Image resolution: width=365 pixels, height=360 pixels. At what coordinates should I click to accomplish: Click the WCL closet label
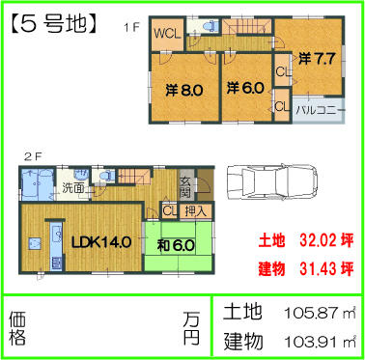168,33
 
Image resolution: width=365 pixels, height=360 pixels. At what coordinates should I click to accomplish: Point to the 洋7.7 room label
317,58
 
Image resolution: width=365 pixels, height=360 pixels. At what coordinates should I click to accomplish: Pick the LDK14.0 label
95,241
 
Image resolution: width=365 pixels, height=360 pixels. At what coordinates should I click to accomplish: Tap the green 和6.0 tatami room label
177,245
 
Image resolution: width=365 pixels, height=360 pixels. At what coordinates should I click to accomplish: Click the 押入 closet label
195,210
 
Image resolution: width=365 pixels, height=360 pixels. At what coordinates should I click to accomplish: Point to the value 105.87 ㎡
322,313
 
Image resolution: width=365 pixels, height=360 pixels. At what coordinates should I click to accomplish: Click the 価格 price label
17,327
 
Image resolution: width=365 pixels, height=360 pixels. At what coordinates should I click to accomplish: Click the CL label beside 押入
168,210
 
